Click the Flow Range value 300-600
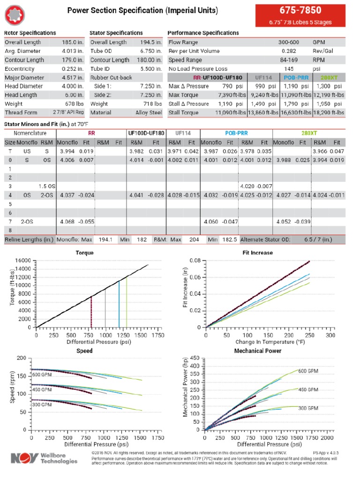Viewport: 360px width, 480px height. click(x=289, y=42)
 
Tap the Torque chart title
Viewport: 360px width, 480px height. click(x=84, y=253)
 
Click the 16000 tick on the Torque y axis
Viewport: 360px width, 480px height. click(x=23, y=261)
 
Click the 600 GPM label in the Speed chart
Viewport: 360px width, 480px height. click(x=42, y=375)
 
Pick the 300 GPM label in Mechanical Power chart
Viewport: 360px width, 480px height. click(x=308, y=408)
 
